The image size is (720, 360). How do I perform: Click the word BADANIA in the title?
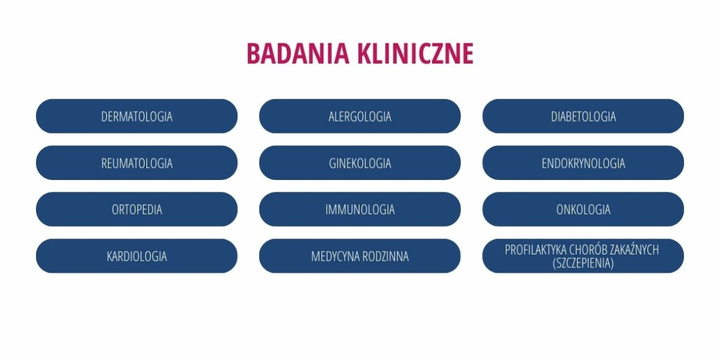[x=298, y=53]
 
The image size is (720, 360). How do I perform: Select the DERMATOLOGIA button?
[x=137, y=116]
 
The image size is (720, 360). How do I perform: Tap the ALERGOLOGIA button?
[x=360, y=116]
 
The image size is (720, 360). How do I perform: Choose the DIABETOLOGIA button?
[x=583, y=116]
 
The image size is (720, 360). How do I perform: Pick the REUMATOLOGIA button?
[x=137, y=163]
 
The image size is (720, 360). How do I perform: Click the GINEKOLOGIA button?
[x=360, y=163]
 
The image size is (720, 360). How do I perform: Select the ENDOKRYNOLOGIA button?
[x=583, y=163]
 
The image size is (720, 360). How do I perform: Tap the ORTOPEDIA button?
[x=137, y=209]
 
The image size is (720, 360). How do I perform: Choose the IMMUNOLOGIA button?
[x=360, y=209]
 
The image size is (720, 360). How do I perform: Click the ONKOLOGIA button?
[x=583, y=209]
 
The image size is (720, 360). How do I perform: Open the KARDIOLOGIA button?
[x=137, y=256]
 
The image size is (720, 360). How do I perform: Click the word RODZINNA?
[x=386, y=256]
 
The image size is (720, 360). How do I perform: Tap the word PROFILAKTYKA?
[x=535, y=250]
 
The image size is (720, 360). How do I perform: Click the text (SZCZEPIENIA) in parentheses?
[x=583, y=263]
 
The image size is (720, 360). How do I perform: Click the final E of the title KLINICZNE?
[x=468, y=53]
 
